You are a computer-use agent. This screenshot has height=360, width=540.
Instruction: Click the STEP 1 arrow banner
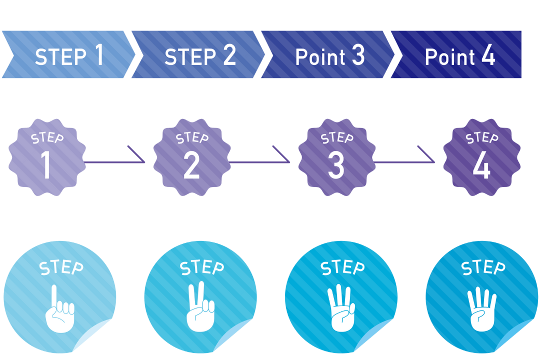(x=69, y=54)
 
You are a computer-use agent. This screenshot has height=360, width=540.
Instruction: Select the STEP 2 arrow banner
(x=198, y=54)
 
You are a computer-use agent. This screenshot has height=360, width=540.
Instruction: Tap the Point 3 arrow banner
(x=328, y=54)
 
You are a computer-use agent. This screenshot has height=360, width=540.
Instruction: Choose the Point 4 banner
(x=456, y=54)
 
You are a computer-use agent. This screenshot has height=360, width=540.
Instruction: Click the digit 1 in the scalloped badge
(x=46, y=165)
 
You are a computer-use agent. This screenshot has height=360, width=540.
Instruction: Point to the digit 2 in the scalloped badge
(x=191, y=165)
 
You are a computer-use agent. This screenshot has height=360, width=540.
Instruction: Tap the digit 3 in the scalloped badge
(x=336, y=165)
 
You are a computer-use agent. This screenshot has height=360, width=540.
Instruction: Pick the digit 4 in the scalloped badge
(x=481, y=165)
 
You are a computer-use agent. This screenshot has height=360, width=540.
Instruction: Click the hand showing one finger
(x=59, y=310)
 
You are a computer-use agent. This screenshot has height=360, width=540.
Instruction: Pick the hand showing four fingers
(x=482, y=310)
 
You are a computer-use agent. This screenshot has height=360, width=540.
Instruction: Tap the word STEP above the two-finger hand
(x=202, y=267)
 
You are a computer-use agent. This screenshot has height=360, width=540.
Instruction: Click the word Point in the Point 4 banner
(x=450, y=57)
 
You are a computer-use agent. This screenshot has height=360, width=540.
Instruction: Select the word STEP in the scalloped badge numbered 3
(x=337, y=138)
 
